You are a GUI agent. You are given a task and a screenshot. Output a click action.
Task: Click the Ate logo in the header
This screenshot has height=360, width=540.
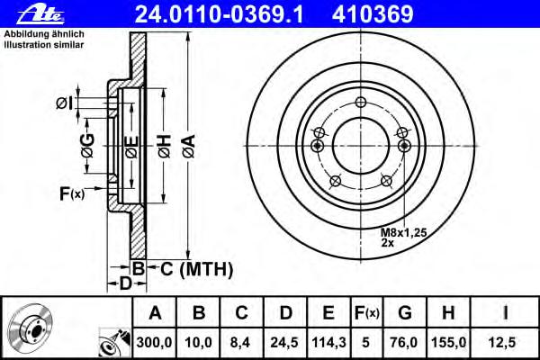pos(40,15)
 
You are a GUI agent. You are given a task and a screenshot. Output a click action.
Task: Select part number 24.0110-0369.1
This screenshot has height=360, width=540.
pos(219,14)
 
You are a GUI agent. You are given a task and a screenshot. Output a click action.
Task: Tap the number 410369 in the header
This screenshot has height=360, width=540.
pos(373,14)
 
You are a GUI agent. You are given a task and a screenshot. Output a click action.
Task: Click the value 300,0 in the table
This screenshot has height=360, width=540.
pos(154,342)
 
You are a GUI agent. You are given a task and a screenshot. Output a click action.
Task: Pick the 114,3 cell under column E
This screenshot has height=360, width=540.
pos(328,342)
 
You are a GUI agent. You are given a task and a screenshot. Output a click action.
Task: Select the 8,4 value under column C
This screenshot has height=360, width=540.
pos(240,342)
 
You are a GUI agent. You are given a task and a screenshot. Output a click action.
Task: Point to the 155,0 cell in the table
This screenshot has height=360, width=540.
pos(448,342)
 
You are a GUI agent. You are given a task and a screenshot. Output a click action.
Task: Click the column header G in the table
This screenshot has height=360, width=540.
pos(405,313)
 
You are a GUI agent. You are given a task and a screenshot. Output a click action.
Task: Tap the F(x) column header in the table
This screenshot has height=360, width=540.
pos(367,313)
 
